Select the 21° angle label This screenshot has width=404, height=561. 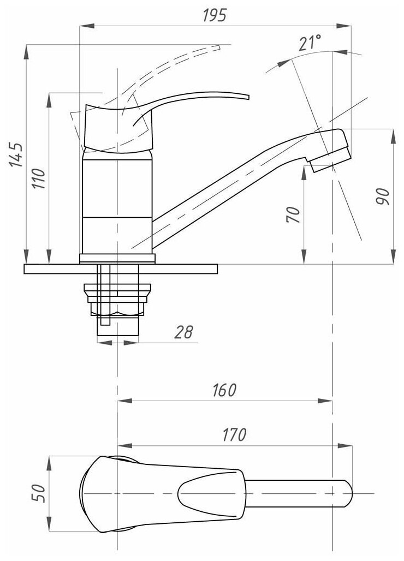click(310, 43)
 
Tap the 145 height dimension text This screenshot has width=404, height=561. click(16, 154)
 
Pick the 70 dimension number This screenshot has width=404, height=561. click(293, 214)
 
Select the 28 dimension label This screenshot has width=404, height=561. click(185, 333)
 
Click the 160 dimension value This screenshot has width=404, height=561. click(224, 391)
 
